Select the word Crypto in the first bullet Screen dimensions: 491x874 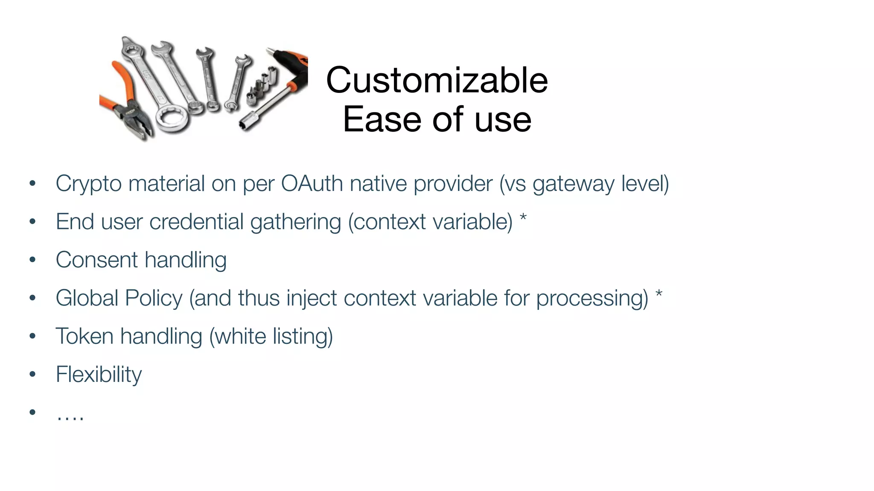88,184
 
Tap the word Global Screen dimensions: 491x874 87,298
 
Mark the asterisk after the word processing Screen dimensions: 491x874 659,294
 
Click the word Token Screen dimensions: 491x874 84,336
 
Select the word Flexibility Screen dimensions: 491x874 99,375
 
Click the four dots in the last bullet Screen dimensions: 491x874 70,416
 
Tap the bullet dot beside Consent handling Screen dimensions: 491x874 32,260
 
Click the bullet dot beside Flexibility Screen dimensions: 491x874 32,374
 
